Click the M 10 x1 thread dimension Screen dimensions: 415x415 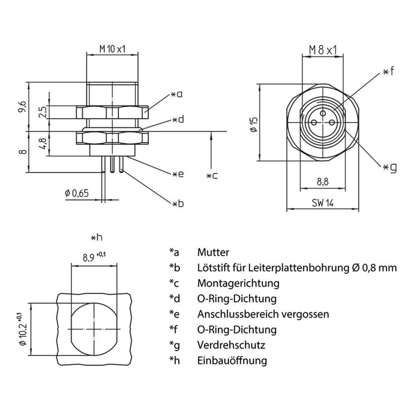[x=112, y=49]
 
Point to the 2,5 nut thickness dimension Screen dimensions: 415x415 [x=42, y=112]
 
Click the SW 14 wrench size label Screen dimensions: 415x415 [x=322, y=203]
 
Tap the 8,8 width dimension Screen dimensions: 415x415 [x=322, y=181]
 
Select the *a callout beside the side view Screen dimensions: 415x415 [x=177, y=95]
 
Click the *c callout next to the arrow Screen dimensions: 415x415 [x=212, y=176]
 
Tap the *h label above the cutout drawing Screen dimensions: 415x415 [x=96, y=237]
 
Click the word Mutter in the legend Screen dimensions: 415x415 [x=213, y=252]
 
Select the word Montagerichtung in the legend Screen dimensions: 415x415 [x=238, y=283]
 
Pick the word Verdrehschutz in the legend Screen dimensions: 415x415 [x=231, y=345]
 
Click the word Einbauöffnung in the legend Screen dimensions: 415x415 [x=232, y=361]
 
